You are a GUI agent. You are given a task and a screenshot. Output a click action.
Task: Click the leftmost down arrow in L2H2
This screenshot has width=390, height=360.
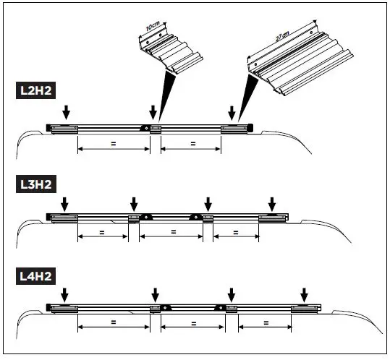click(66, 111)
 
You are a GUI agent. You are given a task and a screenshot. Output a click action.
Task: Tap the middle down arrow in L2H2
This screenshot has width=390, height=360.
click(153, 111)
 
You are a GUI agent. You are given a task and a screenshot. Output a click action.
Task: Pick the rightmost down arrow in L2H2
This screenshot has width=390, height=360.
click(232, 112)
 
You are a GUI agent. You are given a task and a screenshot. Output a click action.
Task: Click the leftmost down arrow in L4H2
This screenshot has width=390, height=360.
click(64, 294)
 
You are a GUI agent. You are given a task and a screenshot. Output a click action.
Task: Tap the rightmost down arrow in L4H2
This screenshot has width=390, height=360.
click(304, 294)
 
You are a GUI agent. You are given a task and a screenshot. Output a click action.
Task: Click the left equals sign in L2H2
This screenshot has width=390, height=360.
click(113, 144)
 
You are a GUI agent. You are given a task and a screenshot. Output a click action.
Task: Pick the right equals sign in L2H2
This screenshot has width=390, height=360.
click(192, 144)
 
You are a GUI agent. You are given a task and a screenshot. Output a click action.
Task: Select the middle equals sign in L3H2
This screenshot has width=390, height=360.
click(172, 233)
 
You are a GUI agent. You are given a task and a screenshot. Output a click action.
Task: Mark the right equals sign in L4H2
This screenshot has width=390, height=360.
click(263, 323)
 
